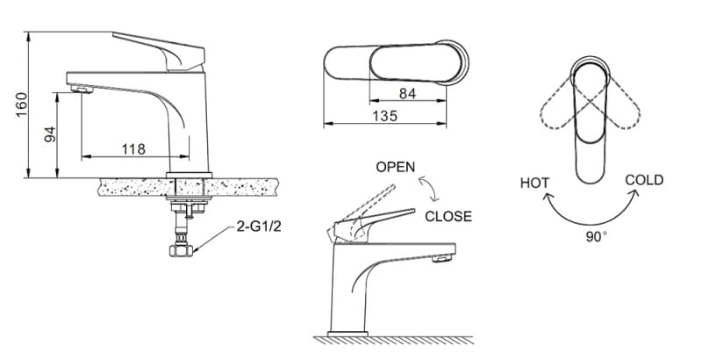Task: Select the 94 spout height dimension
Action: (x=51, y=133)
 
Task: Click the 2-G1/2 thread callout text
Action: (x=259, y=227)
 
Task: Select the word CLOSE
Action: (x=448, y=216)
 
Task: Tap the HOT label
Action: (x=534, y=184)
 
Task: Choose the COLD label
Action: (x=644, y=181)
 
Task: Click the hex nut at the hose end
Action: (x=181, y=250)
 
